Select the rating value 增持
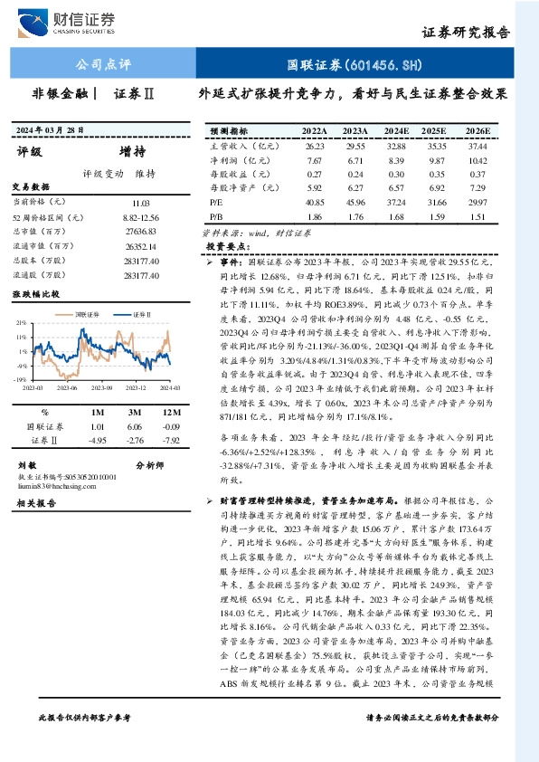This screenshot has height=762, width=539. point(132,151)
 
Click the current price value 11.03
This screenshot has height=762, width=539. point(140,205)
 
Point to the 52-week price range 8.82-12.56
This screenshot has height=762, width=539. point(140,219)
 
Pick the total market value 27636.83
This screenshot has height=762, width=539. point(140,232)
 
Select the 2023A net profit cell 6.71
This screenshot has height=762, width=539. point(355,159)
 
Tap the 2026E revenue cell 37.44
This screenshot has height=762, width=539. point(478,146)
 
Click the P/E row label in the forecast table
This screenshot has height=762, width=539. point(215,204)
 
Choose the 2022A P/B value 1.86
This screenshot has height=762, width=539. point(315,217)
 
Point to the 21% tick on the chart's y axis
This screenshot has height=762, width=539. point(20,322)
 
